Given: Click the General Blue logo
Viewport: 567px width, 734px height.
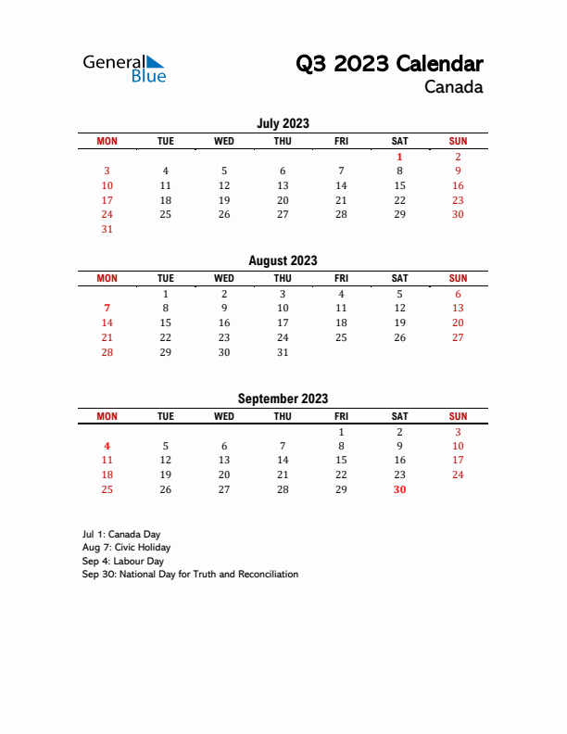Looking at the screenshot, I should coord(124,68).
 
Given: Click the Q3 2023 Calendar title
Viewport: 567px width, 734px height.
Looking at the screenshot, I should coord(389,64).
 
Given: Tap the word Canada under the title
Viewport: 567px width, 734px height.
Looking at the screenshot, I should coord(453,88).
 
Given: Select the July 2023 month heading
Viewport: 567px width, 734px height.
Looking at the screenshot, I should coord(283,123).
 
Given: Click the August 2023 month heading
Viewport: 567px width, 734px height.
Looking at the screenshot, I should coord(283,260).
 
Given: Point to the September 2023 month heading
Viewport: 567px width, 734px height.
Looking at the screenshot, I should coord(283,399).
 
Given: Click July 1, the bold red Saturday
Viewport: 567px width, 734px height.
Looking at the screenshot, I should coord(399,157).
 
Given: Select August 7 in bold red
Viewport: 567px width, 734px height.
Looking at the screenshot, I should coord(107,308).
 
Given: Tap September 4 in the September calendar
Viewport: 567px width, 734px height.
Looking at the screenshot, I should coord(107,446).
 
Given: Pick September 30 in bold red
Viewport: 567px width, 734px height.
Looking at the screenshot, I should coord(399,489).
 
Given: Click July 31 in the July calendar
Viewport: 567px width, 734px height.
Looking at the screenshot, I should coord(107,229).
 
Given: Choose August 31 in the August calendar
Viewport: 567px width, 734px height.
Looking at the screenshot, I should coord(283,352).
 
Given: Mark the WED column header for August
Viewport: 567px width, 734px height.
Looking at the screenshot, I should coord(224,278).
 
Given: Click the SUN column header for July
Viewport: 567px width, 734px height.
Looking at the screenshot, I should coord(458,141).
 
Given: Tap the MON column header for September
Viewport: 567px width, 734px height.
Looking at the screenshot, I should coord(107,416).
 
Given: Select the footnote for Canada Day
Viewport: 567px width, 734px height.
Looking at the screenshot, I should coord(120,535).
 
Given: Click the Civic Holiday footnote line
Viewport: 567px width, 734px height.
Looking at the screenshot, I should coord(126,548).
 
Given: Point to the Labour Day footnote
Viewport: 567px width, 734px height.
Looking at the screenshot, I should coord(122,561).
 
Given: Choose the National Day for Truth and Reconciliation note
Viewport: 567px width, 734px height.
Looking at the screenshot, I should coord(190,575).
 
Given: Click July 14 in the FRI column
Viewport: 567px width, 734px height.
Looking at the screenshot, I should coord(341,185).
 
